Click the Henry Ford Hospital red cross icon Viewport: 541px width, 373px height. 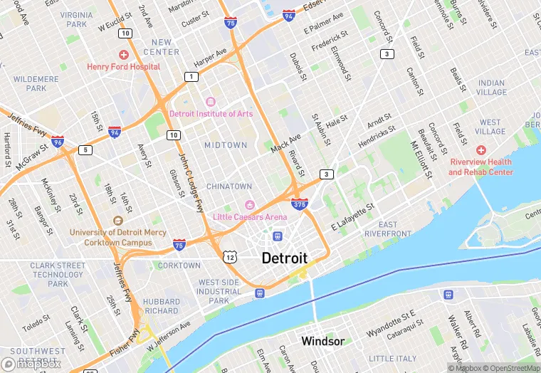(124, 55)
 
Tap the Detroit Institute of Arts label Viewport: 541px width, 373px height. (211, 113)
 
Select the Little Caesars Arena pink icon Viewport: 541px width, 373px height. (249, 206)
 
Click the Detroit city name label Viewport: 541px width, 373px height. (285, 258)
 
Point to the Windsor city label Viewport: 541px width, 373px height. (322, 341)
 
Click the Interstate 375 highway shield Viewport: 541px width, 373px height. (300, 204)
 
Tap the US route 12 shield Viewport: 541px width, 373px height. (229, 256)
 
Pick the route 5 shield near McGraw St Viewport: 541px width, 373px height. (85, 149)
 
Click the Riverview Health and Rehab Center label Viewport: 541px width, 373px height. (480, 167)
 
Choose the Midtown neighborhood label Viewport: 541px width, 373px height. (226, 145)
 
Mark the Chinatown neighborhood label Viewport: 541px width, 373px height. (229, 186)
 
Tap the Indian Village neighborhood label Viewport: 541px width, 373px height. (492, 88)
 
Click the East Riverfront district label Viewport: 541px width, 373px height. (388, 229)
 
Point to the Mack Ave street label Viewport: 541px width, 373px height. (286, 142)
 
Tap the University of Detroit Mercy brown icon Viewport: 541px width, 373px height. (118, 221)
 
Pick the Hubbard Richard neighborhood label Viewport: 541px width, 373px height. (162, 306)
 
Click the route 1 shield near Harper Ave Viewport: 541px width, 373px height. (191, 76)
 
